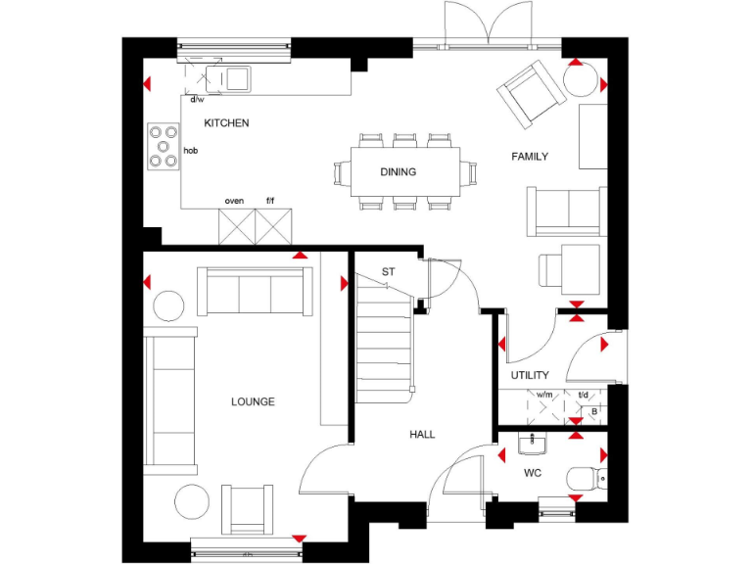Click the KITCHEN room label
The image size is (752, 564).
tap(226, 123)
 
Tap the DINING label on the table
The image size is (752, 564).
tap(399, 172)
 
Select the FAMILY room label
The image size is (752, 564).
tap(530, 157)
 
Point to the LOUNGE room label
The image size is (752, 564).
tap(253, 401)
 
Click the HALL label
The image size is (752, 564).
tap(423, 434)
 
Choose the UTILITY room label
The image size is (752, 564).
tap(530, 375)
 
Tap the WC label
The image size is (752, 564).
tap(533, 474)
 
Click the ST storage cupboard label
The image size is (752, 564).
tap(388, 271)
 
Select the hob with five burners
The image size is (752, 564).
tap(163, 146)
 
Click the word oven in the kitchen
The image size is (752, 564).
tap(234, 201)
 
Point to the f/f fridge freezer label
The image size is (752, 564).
tap(271, 201)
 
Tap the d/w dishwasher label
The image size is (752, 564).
tap(197, 99)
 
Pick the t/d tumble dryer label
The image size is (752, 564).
tap(583, 396)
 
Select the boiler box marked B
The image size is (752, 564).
tap(594, 412)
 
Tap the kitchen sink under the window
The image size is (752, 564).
tap(236, 78)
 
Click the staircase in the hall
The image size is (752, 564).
tap(383, 343)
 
